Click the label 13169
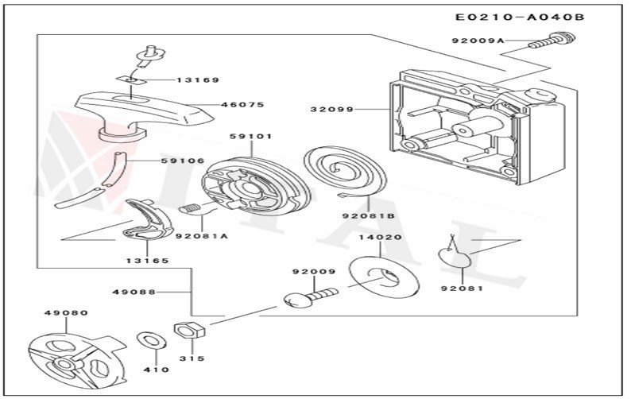(199, 79)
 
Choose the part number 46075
(242, 104)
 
